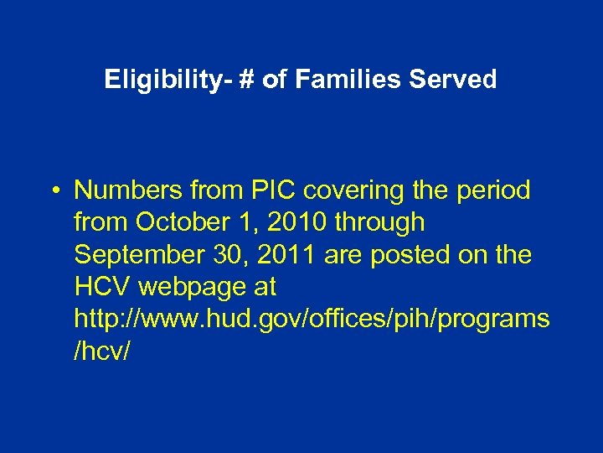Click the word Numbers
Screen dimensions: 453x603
(x=125, y=190)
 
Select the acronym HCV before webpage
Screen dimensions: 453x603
(x=102, y=287)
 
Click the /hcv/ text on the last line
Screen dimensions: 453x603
(x=102, y=351)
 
